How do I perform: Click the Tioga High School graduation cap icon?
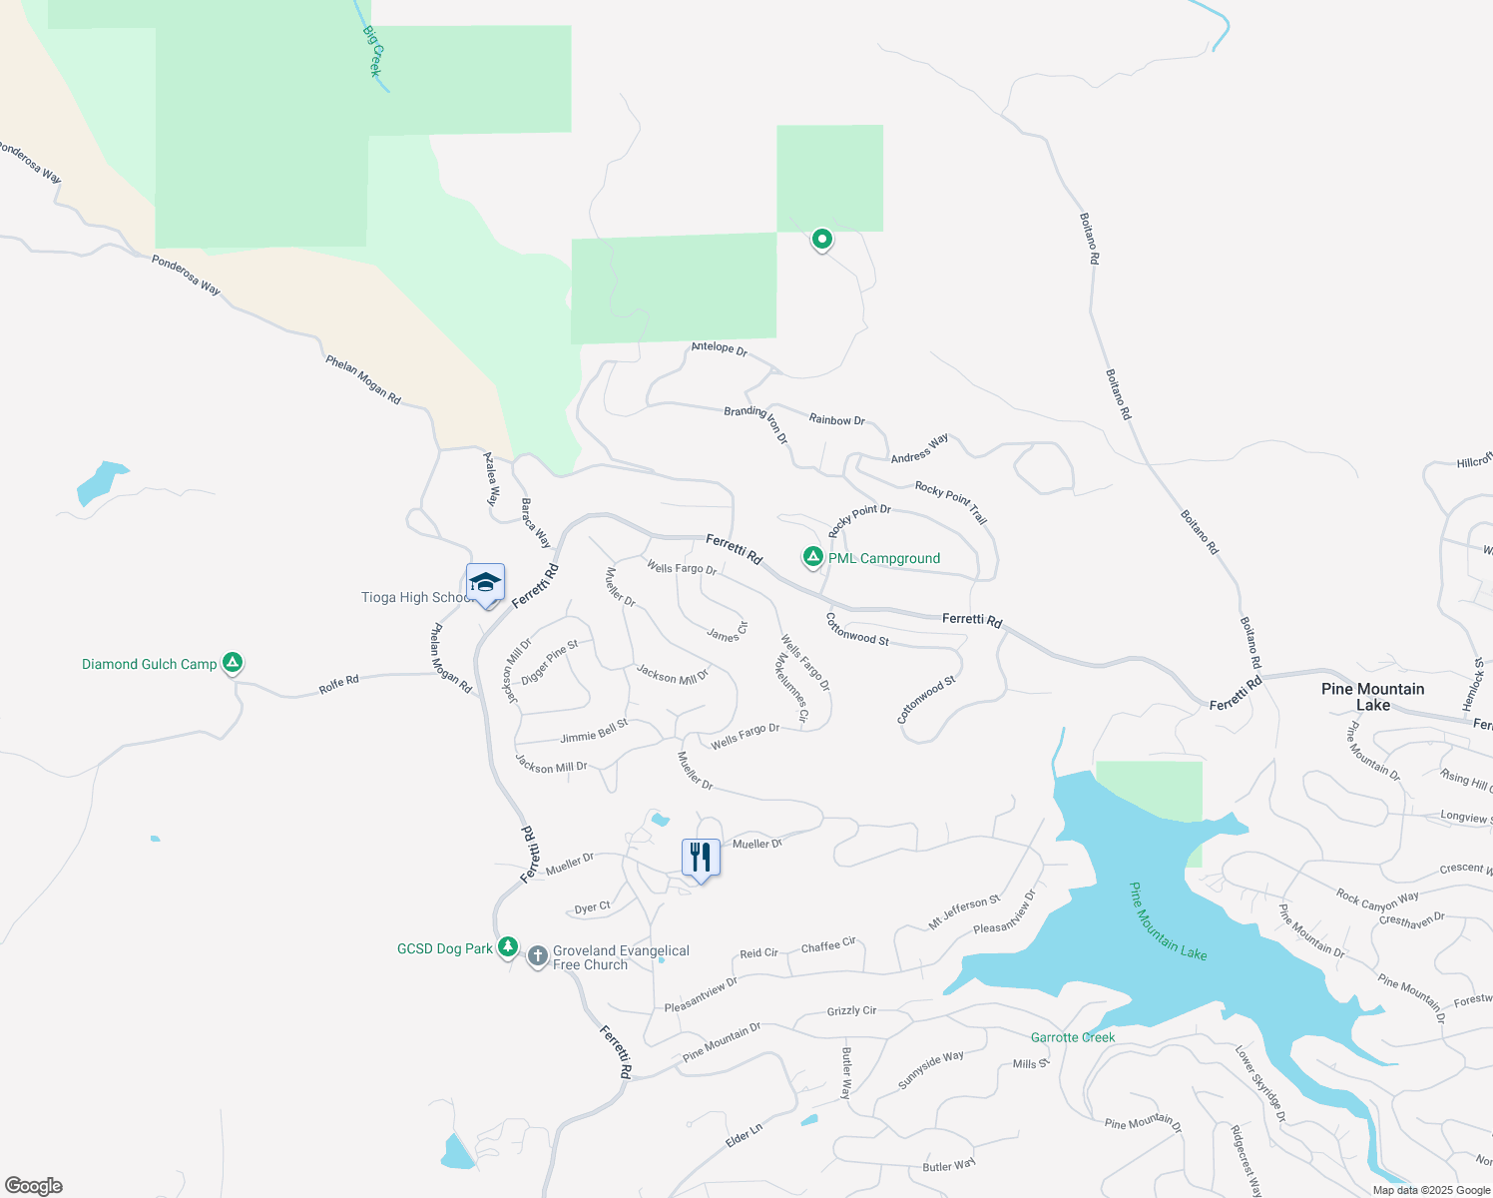click(x=485, y=583)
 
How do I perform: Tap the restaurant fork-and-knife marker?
click(x=701, y=858)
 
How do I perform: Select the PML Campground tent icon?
click(x=813, y=557)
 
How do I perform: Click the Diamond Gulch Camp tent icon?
click(x=233, y=662)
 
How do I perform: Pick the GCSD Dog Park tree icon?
click(x=508, y=945)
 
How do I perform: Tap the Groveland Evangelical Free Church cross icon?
click(x=537, y=956)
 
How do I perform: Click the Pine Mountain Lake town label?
click(x=1372, y=697)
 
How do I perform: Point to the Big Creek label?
click(x=372, y=52)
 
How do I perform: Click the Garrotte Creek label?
click(x=1073, y=1037)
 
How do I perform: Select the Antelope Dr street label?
click(x=719, y=348)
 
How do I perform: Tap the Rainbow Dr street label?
click(x=836, y=420)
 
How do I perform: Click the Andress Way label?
click(x=919, y=448)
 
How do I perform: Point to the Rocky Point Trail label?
click(x=951, y=501)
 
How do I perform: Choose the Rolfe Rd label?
click(x=338, y=685)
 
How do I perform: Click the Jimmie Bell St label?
click(x=594, y=732)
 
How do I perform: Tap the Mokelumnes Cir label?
click(x=791, y=688)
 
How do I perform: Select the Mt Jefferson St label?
click(x=964, y=912)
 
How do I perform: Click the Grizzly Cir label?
click(x=851, y=1011)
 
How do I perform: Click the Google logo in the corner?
click(x=33, y=1186)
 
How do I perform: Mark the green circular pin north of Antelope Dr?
click(x=821, y=239)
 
